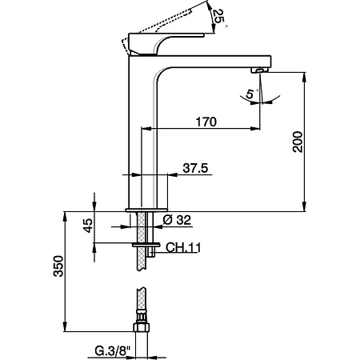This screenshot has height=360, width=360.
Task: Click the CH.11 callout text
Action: pyautogui.click(x=182, y=248)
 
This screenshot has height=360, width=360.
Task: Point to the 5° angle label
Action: pyautogui.click(x=250, y=94)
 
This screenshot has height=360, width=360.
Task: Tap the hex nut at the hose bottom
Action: pyautogui.click(x=141, y=327)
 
